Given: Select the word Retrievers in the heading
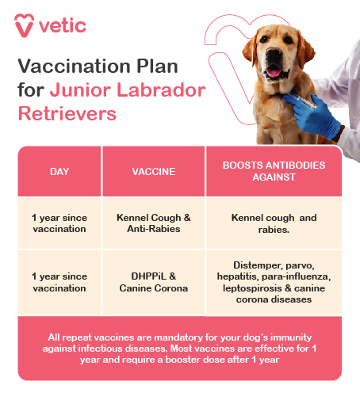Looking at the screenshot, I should click(67, 112).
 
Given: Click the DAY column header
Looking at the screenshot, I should click(59, 171).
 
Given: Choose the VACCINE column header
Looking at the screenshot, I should click(154, 171).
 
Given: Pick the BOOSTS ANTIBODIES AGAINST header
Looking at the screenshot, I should click(274, 171).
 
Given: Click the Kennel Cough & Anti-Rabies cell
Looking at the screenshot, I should click(154, 223).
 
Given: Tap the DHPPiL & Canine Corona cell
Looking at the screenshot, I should click(154, 282).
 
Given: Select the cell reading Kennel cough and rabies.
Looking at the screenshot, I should click(274, 223).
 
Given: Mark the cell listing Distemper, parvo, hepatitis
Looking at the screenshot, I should click(274, 282).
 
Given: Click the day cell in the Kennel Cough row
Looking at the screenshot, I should click(59, 223).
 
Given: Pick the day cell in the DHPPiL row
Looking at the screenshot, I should click(59, 282).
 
